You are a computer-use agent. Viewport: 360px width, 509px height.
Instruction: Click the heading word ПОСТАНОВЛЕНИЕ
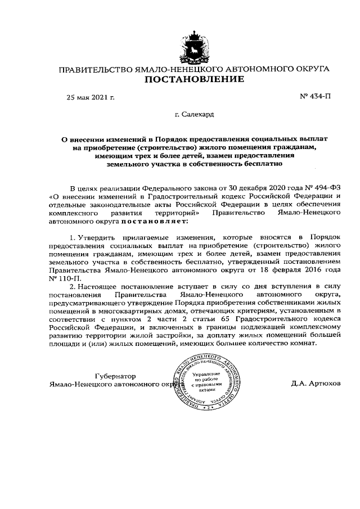[195, 80]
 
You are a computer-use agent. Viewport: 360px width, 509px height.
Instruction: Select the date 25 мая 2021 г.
[91, 97]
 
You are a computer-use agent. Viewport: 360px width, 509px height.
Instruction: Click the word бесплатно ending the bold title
[259, 164]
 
